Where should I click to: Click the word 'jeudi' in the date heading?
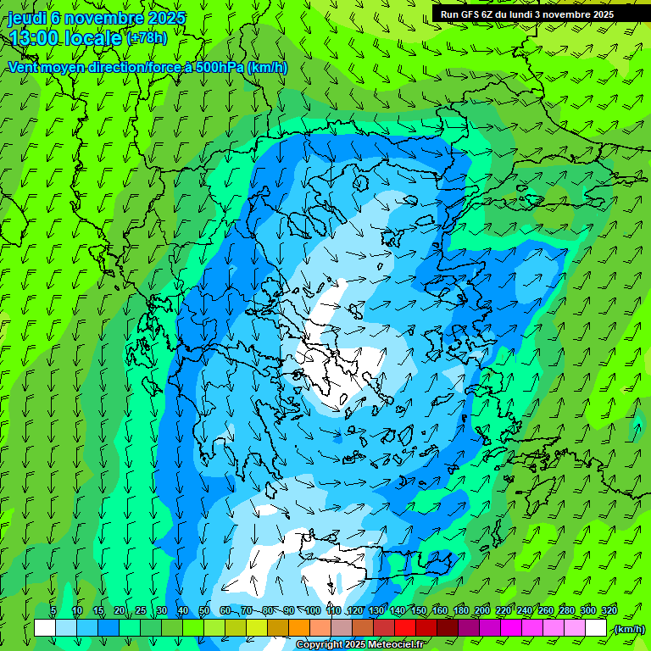pyautogui.click(x=26, y=17)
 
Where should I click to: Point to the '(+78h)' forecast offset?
pyautogui.click(x=147, y=38)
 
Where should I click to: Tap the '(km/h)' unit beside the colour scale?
pyautogui.click(x=629, y=628)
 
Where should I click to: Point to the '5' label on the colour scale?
pyautogui.click(x=53, y=610)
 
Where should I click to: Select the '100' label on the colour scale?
pyautogui.click(x=313, y=610)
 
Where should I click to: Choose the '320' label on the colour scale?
pyautogui.click(x=609, y=610)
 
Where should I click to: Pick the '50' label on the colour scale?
pyautogui.click(x=203, y=610)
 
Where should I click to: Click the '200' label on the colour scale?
pyautogui.click(x=482, y=610)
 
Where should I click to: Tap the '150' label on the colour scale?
pyautogui.click(x=419, y=610)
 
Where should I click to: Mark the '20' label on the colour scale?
pyautogui.click(x=119, y=610)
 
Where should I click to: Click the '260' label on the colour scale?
pyautogui.click(x=546, y=610)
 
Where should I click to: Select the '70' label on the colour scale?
pyautogui.click(x=246, y=610)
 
